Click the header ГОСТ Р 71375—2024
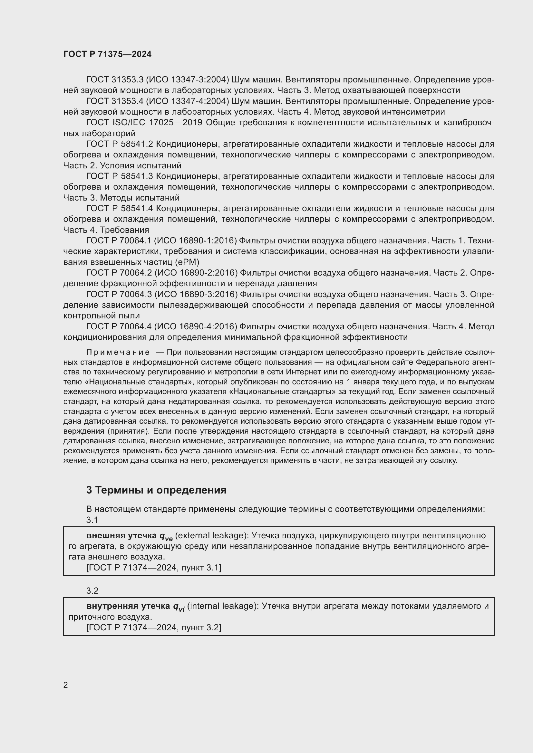tap(107, 54)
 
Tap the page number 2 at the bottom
tap(66, 685)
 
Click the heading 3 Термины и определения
tap(156, 490)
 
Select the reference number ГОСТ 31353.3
tap(114, 80)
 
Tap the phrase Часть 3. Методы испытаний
tap(121, 198)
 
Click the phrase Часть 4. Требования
tap(106, 230)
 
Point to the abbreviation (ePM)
tap(187, 262)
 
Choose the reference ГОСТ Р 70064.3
tap(119, 294)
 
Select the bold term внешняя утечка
tap(121, 536)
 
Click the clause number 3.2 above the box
tap(92, 591)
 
